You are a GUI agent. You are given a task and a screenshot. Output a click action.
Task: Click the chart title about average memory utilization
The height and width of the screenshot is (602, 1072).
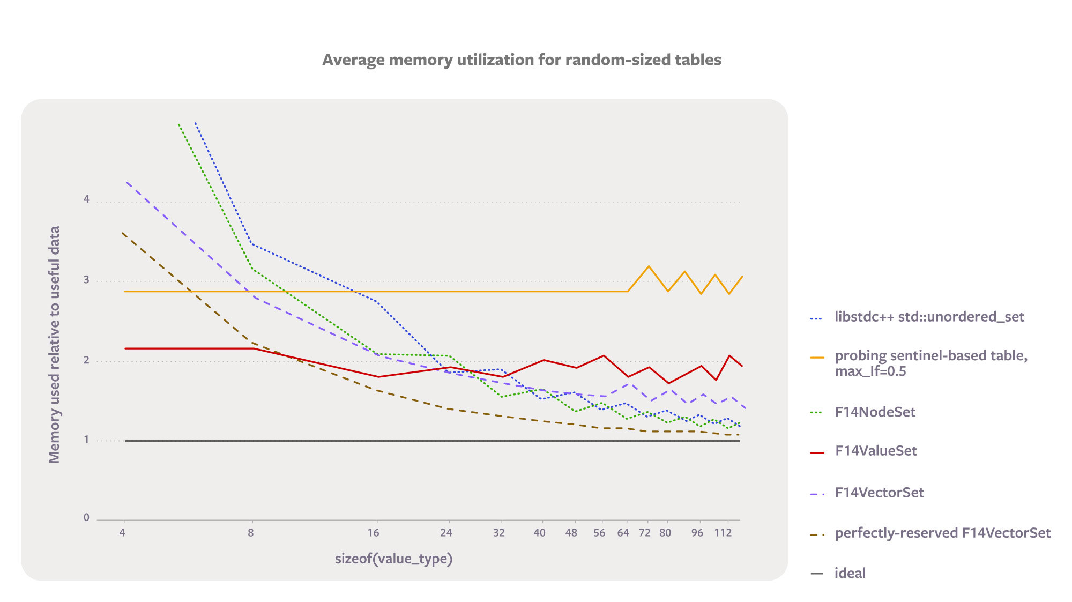pos(522,60)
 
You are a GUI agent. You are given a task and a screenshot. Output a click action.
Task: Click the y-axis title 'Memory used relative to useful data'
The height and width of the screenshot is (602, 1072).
pos(54,344)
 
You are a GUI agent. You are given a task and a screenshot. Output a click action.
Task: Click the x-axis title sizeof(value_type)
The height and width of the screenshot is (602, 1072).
pos(393,559)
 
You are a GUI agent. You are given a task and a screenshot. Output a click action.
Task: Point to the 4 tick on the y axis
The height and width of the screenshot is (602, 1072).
pos(86,199)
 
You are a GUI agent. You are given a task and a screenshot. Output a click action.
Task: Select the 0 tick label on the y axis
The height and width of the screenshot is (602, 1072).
pos(86,517)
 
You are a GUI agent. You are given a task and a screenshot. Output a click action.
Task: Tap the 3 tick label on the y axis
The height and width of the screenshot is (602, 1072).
pos(86,280)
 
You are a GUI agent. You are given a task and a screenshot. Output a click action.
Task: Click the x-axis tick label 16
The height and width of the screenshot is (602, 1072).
pos(373,533)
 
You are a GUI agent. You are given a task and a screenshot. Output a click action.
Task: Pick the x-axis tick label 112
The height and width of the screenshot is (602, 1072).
pos(723,533)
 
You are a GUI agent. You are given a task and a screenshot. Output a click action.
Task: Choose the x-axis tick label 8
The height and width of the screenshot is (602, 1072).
pos(250,533)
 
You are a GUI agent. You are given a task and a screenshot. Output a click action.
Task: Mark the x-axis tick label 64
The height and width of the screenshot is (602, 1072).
pos(623,533)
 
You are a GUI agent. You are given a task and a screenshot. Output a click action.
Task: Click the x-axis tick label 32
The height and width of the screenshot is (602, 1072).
pos(498,533)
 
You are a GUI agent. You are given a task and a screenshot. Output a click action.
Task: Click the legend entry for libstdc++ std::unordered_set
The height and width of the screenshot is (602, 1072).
pos(929,317)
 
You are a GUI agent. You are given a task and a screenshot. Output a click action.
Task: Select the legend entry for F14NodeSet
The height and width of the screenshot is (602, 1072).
pos(875,412)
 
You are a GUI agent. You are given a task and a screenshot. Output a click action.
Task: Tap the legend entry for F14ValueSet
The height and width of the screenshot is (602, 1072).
pos(875,451)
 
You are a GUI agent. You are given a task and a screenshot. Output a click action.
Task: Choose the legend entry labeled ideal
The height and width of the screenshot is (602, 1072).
pos(850,573)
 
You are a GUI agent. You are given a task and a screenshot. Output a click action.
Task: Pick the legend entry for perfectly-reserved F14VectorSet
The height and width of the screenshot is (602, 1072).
pos(942,533)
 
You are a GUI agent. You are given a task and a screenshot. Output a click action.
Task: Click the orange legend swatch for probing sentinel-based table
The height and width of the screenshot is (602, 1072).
pos(817,358)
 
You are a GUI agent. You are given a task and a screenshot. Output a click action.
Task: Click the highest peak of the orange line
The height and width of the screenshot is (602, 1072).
pos(649,266)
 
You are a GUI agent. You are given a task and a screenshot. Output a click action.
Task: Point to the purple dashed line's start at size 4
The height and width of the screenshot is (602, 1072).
pos(127,182)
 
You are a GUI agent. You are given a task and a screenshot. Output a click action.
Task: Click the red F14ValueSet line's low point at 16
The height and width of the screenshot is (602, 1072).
pos(378,377)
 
